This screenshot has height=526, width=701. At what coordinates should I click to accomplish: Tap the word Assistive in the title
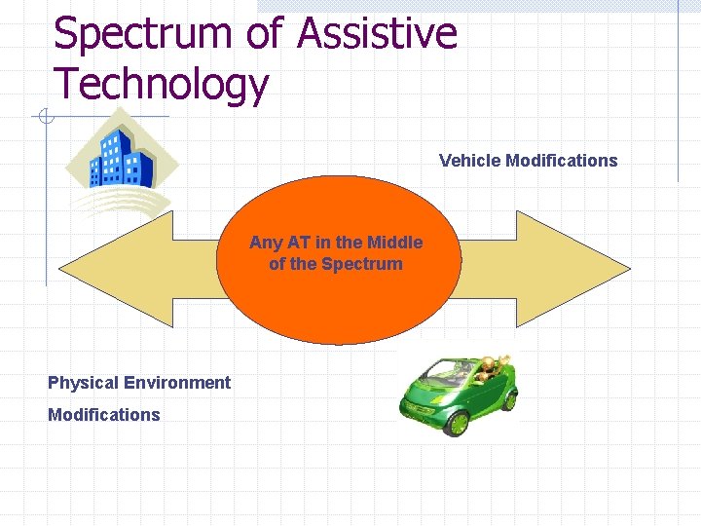click(x=377, y=33)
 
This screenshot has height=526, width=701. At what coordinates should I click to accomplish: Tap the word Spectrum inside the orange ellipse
click(x=361, y=264)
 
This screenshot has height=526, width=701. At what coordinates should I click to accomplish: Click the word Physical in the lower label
click(x=82, y=383)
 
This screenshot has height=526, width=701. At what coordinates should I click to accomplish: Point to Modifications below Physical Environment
click(x=104, y=415)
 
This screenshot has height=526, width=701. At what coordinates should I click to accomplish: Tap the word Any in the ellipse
click(x=265, y=243)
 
